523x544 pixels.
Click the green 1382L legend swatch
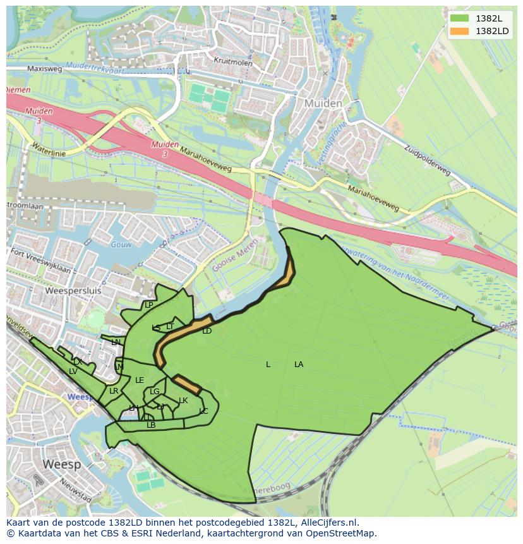(x=459, y=18)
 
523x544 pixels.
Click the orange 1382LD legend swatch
(x=459, y=31)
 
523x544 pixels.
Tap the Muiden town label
(x=323, y=103)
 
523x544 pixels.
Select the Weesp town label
(x=61, y=464)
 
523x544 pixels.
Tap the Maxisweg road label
(x=44, y=69)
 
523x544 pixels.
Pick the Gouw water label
(x=119, y=245)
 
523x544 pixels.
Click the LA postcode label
(x=299, y=365)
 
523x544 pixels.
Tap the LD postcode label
(x=207, y=331)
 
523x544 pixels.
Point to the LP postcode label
(x=149, y=305)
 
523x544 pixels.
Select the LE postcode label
(x=140, y=380)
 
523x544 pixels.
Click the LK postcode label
(x=183, y=401)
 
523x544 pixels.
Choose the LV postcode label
(x=73, y=372)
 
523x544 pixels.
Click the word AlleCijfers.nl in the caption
(x=328, y=523)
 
